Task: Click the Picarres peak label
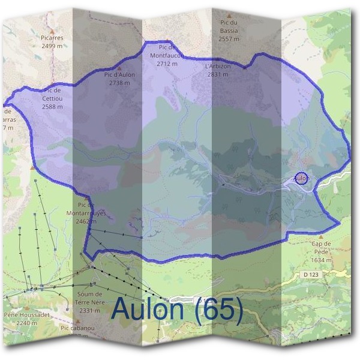click(x=53, y=38)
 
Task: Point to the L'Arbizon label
click(x=217, y=66)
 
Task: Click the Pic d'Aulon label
click(x=119, y=75)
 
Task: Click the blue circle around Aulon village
click(x=302, y=178)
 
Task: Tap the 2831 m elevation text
click(x=217, y=74)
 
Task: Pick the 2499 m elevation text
click(x=53, y=46)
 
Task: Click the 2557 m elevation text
click(x=229, y=38)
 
